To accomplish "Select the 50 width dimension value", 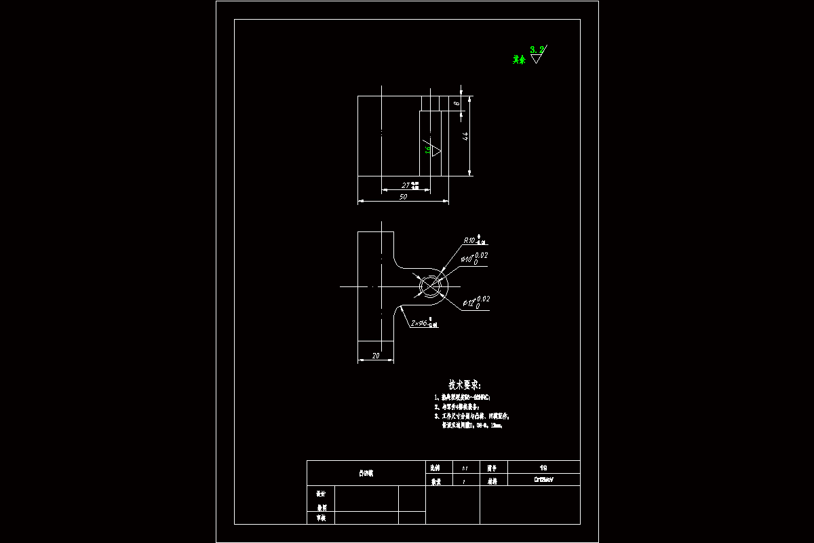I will pyautogui.click(x=403, y=197).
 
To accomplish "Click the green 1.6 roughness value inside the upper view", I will pyautogui.click(x=428, y=149).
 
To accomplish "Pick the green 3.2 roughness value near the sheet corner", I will pyautogui.click(x=537, y=49).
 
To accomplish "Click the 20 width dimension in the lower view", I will pyautogui.click(x=374, y=356).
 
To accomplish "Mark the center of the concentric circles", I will pyautogui.click(x=430, y=286).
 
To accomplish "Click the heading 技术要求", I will pyautogui.click(x=465, y=385).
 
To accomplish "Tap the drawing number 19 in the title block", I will pyautogui.click(x=543, y=468).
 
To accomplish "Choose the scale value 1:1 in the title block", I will pyautogui.click(x=465, y=468).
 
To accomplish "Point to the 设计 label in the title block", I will pyautogui.click(x=321, y=494).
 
